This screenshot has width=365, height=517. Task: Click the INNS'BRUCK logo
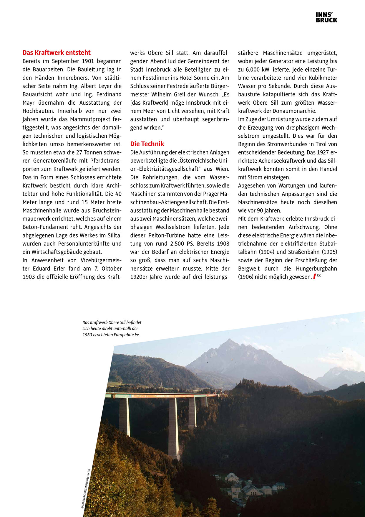326,17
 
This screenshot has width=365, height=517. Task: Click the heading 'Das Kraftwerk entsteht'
57,53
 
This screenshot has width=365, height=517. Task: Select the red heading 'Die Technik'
147,144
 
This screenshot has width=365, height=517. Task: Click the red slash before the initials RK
314,276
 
